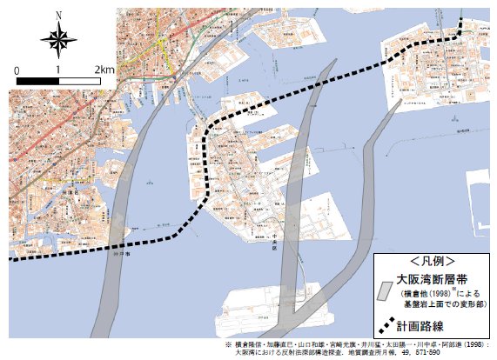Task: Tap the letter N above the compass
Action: [x=57, y=14]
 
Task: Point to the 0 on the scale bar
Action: [x=17, y=69]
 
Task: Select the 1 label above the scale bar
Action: [x=57, y=69]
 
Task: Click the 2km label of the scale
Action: [x=104, y=69]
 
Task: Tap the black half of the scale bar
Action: [x=37, y=80]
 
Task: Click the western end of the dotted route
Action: [x=10, y=258]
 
